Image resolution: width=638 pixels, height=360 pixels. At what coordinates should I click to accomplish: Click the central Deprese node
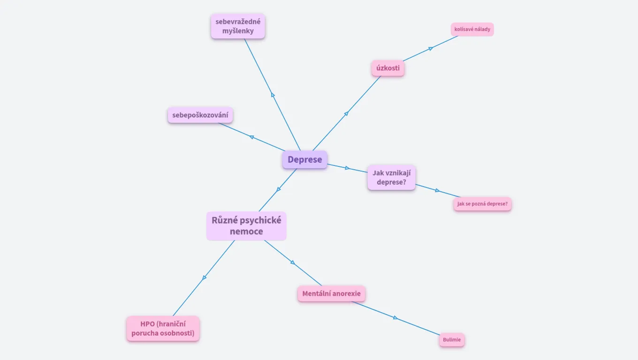click(x=304, y=159)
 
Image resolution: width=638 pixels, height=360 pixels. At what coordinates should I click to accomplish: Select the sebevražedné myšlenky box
click(x=238, y=26)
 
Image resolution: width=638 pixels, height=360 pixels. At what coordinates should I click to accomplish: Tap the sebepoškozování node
click(x=200, y=115)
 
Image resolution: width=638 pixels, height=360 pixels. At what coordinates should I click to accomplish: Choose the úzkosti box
click(x=388, y=68)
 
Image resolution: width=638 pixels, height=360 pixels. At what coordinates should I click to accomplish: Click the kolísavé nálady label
click(x=472, y=29)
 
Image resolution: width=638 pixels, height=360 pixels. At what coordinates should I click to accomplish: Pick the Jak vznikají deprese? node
click(x=391, y=177)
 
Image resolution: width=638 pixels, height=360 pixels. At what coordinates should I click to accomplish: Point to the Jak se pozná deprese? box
click(x=482, y=204)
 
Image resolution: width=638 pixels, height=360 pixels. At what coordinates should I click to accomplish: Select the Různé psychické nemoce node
click(x=246, y=225)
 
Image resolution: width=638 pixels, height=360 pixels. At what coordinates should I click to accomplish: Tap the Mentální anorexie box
click(x=331, y=294)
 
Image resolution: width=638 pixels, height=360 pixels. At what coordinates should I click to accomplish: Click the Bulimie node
click(x=452, y=340)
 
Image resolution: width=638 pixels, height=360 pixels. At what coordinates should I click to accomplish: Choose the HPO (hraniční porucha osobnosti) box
click(x=163, y=328)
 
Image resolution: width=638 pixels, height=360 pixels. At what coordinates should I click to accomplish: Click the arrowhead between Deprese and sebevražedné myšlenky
click(x=273, y=95)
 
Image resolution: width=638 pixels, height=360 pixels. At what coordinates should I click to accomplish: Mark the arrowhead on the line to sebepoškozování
click(x=251, y=137)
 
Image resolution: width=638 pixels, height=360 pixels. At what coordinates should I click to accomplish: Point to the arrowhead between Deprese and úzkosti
click(x=346, y=113)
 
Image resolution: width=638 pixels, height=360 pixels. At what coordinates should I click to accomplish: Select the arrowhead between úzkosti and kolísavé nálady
click(x=431, y=48)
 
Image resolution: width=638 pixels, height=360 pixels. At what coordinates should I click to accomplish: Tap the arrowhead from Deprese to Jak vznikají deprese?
click(x=347, y=168)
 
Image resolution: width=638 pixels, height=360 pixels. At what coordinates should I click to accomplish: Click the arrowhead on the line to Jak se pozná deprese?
click(x=437, y=190)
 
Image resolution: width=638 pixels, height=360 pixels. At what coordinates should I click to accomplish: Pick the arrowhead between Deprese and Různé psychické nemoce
click(x=279, y=189)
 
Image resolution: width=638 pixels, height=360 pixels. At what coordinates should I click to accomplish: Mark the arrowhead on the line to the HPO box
click(x=204, y=278)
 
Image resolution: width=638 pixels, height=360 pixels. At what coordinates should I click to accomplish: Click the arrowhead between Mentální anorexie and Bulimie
click(x=395, y=318)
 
